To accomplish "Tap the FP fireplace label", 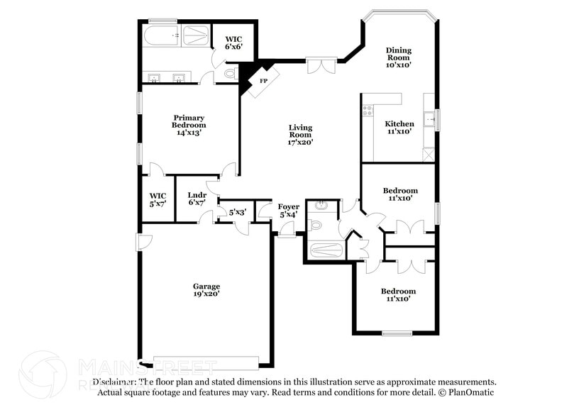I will [263, 81].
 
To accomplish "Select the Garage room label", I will [206, 290].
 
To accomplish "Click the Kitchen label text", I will [399, 124].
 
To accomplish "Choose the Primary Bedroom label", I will [188, 125].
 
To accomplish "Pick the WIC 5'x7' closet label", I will [158, 199].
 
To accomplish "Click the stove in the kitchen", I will [368, 110].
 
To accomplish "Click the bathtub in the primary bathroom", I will [160, 36].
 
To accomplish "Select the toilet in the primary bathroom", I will [230, 73].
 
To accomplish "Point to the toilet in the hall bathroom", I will [316, 226].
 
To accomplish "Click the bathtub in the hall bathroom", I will [326, 250].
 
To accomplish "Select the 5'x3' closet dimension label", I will [237, 211].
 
